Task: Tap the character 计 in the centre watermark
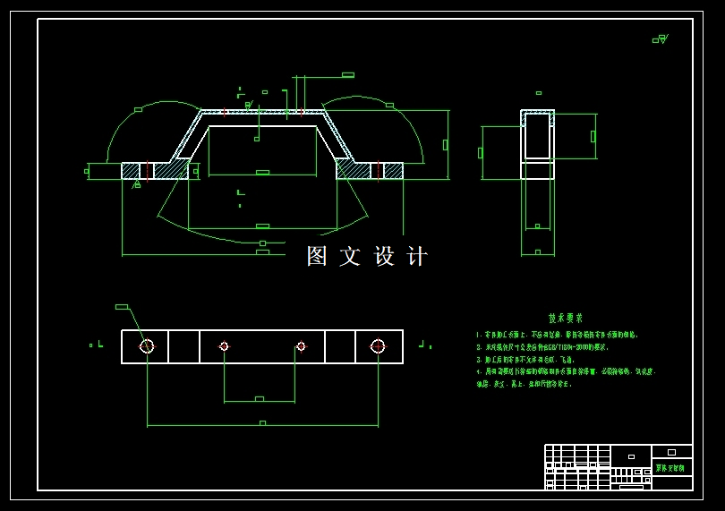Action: (417, 256)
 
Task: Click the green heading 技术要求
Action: (565, 318)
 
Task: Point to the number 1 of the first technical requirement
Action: (479, 335)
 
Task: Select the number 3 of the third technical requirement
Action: (479, 359)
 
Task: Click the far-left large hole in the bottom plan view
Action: (147, 346)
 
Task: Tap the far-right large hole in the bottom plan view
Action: (378, 346)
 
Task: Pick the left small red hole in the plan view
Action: (224, 346)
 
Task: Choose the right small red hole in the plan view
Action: (301, 346)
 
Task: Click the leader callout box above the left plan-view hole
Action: (122, 307)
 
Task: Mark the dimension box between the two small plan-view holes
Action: (260, 399)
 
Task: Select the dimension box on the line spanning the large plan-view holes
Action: (262, 422)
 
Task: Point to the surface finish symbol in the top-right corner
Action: (661, 38)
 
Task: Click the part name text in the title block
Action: (670, 467)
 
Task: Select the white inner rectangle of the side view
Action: (537, 136)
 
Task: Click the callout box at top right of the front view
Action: (348, 75)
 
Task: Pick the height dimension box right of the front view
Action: (445, 145)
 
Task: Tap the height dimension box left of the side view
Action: (481, 153)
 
